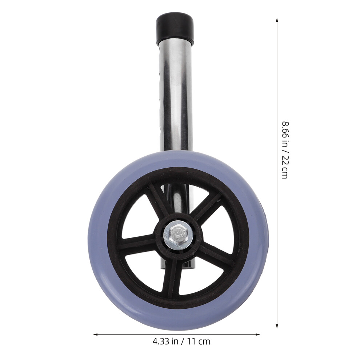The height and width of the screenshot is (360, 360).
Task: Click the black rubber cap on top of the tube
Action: [x=175, y=29]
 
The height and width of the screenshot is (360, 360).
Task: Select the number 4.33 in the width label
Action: [x=161, y=341]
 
